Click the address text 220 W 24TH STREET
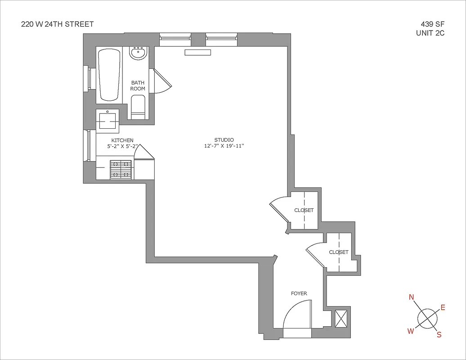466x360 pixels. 58,24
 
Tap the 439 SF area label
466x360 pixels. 430,24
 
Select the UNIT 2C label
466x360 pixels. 430,33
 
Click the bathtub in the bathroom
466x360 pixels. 109,75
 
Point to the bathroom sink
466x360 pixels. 138,54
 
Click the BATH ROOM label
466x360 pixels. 138,85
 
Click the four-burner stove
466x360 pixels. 121,170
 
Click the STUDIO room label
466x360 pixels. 224,140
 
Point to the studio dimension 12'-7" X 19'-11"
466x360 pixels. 224,146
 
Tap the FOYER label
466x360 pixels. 299,293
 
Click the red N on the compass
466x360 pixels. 411,297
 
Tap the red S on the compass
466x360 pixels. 439,334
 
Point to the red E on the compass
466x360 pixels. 443,308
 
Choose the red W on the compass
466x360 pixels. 410,331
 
